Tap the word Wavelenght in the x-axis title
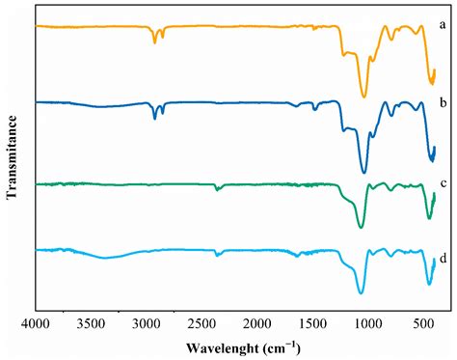pos(206,347)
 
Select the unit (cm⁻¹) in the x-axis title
pos(279,347)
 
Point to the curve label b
pos(439,100)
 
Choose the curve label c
pos(439,183)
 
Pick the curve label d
pos(439,258)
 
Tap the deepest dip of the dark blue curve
pos(363,172)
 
